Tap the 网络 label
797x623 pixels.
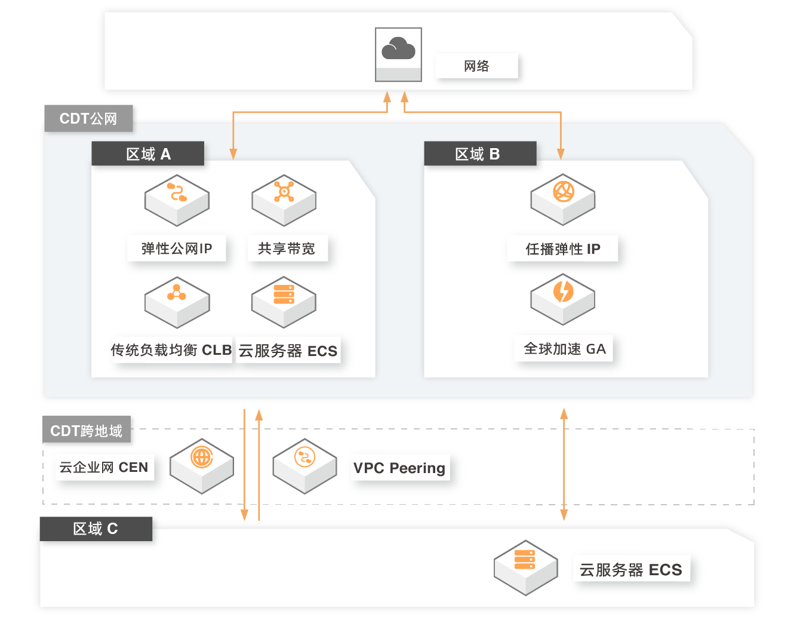click(476, 66)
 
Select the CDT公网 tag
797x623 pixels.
click(88, 118)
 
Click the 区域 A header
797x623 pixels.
click(148, 154)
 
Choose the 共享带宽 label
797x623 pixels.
click(287, 248)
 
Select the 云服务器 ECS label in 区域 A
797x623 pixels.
click(288, 351)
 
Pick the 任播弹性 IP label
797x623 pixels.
click(562, 248)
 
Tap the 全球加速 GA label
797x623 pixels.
click(564, 349)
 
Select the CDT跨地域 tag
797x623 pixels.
click(87, 430)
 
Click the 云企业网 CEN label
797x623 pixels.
click(104, 467)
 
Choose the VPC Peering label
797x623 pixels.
click(399, 468)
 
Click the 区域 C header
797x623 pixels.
click(96, 529)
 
